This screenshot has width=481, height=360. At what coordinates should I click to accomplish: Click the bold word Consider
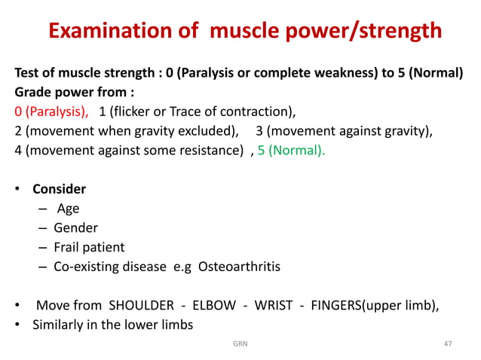[59, 189]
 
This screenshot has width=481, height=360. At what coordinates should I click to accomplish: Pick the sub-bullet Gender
[75, 227]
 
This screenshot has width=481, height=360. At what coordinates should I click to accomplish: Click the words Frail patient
[89, 247]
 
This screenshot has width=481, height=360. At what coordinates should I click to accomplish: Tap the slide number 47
[448, 343]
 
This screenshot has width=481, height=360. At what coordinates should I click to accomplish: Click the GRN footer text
[240, 343]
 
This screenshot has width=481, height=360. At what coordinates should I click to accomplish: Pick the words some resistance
[195, 149]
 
